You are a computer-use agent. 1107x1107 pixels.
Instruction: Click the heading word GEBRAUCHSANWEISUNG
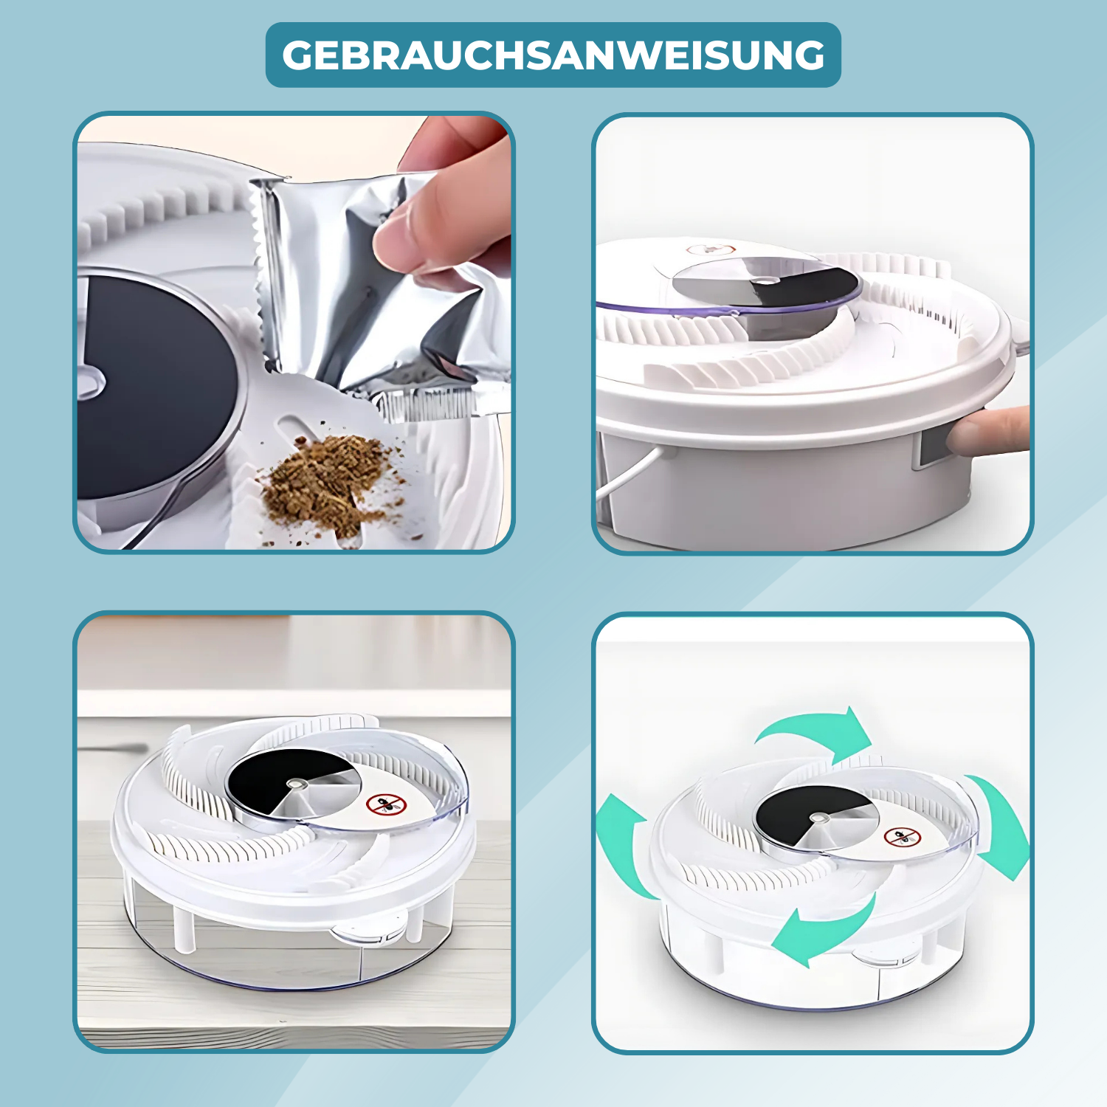tap(553, 55)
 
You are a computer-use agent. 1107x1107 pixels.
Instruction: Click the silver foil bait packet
tap(376, 295)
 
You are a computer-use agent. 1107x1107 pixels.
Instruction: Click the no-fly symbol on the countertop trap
tap(387, 804)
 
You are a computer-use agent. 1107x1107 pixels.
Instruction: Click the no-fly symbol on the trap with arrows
tap(902, 838)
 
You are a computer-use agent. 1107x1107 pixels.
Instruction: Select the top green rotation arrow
tap(815, 731)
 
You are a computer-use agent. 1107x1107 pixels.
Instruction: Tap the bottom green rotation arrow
tap(827, 930)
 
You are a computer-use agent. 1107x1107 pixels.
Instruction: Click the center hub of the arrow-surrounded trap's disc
tap(818, 818)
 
